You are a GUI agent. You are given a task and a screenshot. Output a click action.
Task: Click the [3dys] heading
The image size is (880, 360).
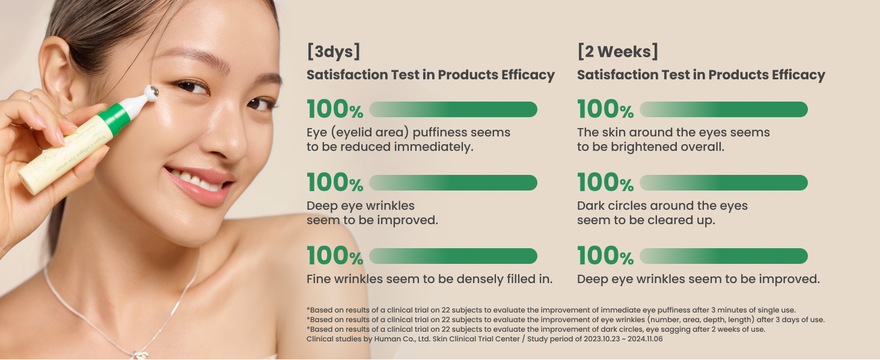[333, 52]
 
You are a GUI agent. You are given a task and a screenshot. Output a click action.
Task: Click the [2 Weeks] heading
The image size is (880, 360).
[617, 52]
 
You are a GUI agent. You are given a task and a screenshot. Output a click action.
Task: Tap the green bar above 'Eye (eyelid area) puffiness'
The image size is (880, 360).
[453, 109]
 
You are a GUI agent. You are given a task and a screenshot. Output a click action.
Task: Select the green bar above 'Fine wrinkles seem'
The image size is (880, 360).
[453, 256]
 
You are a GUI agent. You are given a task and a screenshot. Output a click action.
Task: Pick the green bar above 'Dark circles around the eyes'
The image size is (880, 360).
[724, 183]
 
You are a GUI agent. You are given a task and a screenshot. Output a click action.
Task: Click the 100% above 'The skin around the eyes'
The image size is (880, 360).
[605, 109]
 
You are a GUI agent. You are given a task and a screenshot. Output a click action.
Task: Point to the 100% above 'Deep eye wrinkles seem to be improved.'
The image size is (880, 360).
[605, 256]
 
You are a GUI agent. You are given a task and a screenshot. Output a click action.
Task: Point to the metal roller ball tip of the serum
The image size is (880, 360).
[151, 93]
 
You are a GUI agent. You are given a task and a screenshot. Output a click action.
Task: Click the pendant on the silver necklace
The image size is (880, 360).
[140, 355]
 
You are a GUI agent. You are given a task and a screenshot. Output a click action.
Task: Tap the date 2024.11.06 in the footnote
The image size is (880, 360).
[645, 339]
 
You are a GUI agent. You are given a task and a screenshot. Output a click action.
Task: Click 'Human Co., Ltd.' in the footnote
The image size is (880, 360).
[402, 339]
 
